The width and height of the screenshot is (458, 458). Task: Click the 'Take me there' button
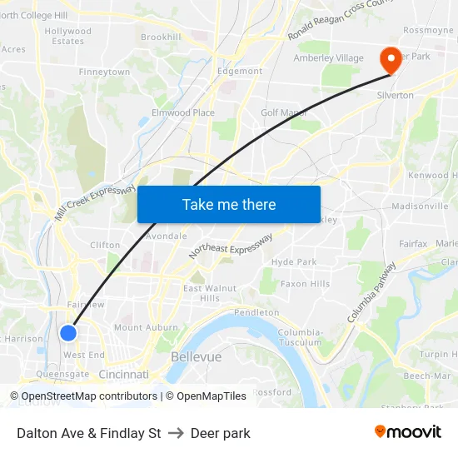229,204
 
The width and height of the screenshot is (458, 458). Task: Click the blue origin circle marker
68,333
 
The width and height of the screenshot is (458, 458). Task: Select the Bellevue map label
196,356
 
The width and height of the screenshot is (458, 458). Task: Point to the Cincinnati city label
123,375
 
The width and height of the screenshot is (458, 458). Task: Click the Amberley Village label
328,57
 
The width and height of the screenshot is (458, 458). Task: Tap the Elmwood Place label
182,112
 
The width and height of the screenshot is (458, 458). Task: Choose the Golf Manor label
284,112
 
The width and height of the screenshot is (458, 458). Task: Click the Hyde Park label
294,261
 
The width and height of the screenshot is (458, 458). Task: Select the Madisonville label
420,206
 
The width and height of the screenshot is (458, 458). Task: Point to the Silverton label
396,96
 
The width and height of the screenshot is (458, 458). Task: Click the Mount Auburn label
140,327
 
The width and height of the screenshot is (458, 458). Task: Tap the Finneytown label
104,72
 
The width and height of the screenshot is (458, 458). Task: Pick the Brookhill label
161,37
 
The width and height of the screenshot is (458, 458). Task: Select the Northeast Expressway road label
231,245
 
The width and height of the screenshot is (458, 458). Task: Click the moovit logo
407,431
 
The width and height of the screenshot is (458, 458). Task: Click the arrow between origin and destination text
176,433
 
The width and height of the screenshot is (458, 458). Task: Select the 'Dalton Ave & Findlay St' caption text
89,433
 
